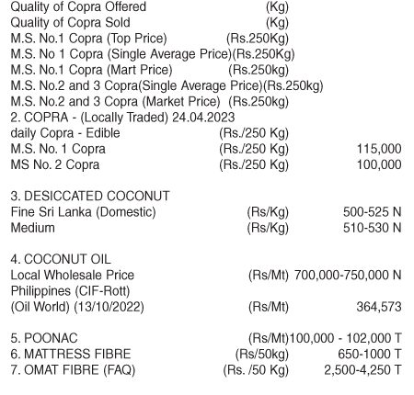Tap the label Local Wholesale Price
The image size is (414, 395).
pos(72,275)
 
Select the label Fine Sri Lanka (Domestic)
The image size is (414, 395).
pos(83,212)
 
